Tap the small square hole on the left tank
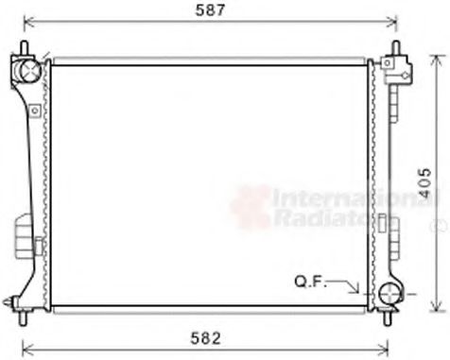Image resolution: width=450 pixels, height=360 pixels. (34, 111)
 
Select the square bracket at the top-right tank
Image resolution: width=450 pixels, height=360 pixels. (400, 66)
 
